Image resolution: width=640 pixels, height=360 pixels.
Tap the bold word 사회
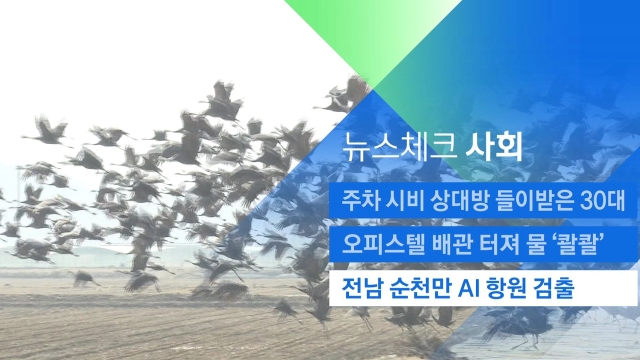point(495,147)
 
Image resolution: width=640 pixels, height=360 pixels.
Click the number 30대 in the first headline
point(602,202)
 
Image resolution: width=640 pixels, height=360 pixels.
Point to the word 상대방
point(460,202)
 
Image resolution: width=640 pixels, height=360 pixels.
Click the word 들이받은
point(534,202)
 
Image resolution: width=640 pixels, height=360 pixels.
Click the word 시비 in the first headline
point(405,202)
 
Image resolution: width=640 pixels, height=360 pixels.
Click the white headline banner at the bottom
point(483,288)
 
